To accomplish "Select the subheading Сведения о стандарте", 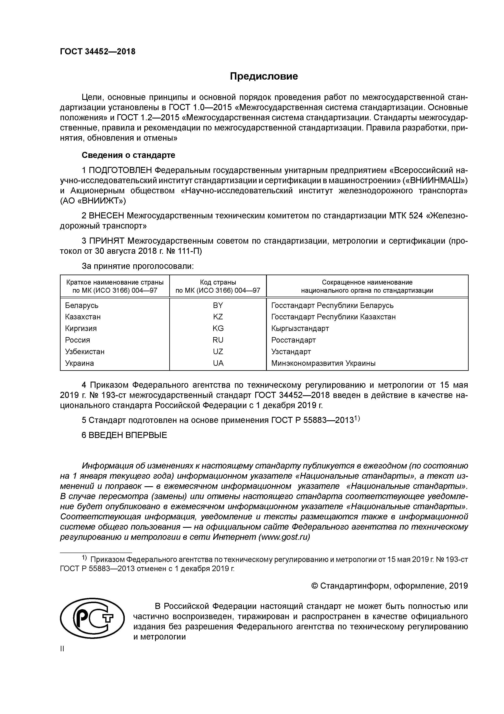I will coord(128,155).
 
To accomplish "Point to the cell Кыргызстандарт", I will coord(300,328).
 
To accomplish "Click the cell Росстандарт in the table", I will coord(293,340).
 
